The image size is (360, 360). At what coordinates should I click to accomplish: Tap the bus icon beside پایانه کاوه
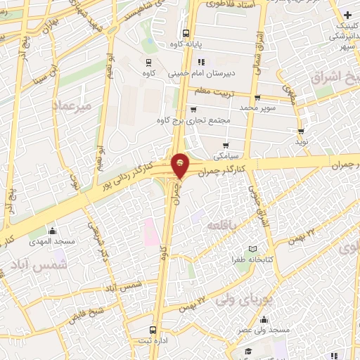coord(186,33)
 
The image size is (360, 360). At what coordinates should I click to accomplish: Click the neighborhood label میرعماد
coord(72,105)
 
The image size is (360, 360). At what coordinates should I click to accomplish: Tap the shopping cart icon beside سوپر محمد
coord(257,98)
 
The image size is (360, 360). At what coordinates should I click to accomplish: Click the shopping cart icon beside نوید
coord(301,131)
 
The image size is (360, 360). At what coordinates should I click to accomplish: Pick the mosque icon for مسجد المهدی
coord(51,231)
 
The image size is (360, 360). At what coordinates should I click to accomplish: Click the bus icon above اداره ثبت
coord(154,330)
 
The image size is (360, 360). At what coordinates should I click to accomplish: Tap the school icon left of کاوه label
coord(148,60)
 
